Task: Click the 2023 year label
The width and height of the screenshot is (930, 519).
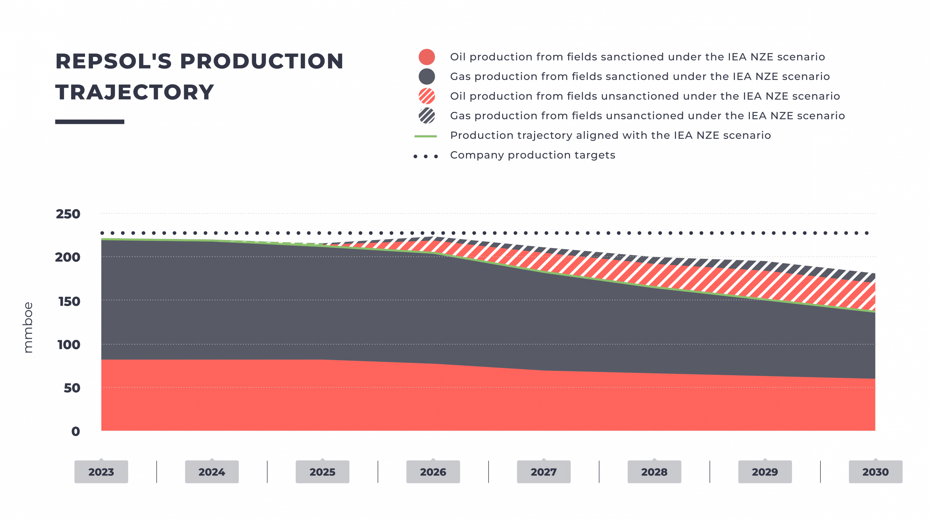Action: point(101,472)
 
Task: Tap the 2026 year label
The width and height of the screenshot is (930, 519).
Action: point(433,472)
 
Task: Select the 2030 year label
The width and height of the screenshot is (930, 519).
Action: point(876,472)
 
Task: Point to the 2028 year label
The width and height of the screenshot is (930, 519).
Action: point(654,472)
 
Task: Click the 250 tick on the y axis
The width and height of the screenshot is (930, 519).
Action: point(69,214)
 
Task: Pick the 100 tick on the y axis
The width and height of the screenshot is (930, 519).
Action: point(69,345)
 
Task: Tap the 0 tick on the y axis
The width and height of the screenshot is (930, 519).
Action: point(76,431)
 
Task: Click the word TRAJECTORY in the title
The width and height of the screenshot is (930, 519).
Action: point(134,92)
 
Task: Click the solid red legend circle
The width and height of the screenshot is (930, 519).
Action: point(426,57)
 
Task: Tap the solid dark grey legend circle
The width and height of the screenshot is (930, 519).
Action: point(426,77)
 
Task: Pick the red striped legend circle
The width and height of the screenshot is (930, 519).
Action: point(426,96)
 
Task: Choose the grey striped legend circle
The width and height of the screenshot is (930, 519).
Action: point(426,116)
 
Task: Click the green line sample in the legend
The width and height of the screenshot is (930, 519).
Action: point(425,137)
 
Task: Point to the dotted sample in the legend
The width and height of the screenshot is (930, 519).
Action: point(425,156)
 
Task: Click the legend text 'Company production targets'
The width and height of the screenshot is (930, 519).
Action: point(533,155)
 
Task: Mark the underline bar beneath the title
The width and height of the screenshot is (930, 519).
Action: point(90,122)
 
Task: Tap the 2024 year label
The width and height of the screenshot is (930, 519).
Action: point(212,472)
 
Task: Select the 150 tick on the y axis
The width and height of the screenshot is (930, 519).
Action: point(69,301)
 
